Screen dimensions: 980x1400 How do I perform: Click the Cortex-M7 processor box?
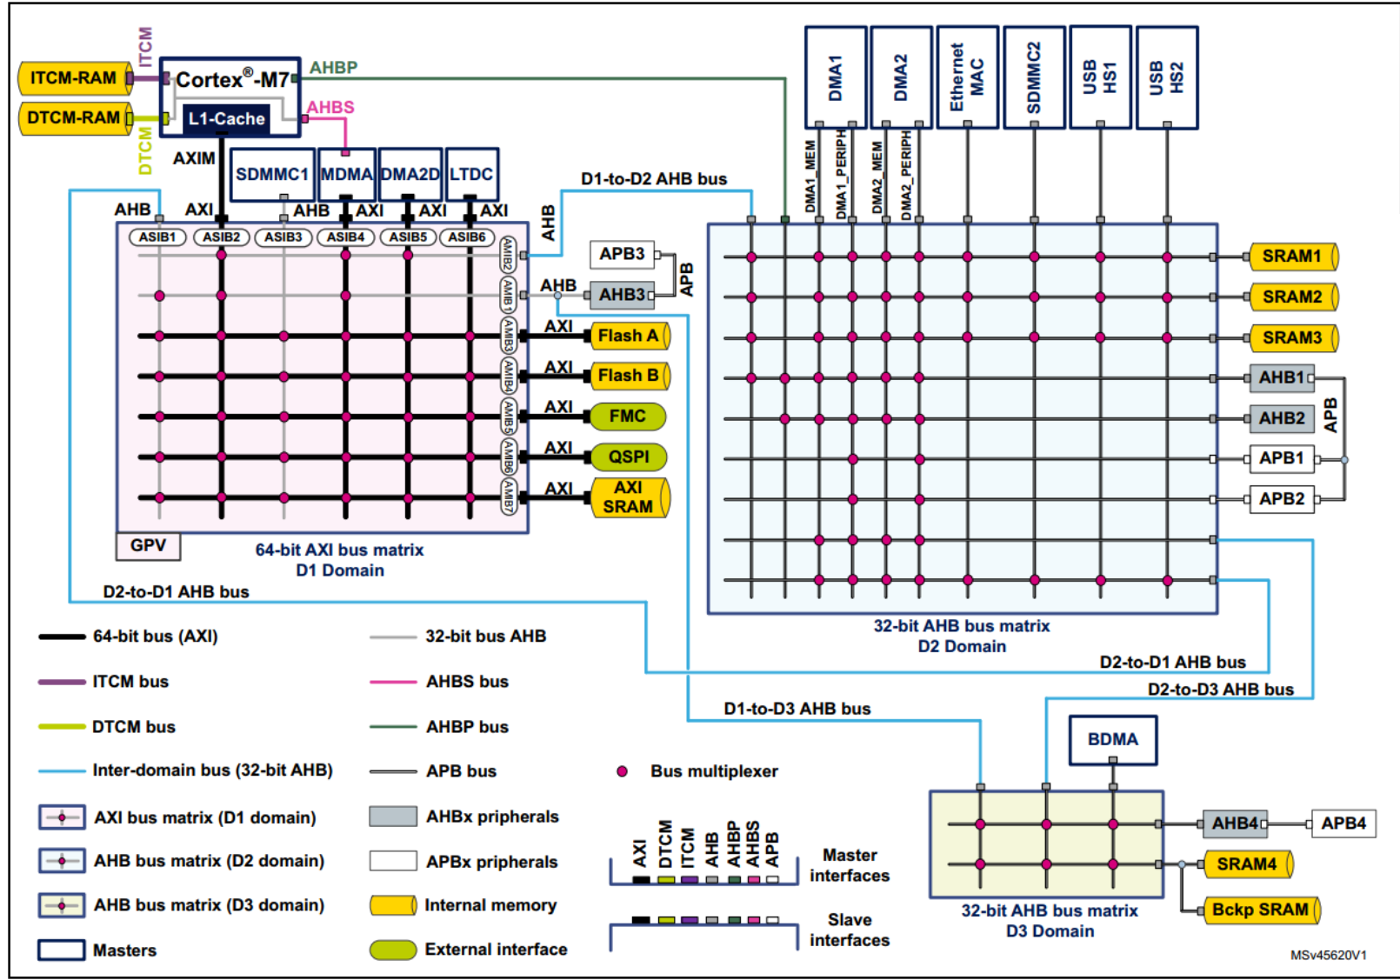coord(231,81)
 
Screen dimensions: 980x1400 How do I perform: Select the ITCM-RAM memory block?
coord(74,78)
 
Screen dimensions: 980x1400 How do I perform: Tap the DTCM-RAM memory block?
coord(74,118)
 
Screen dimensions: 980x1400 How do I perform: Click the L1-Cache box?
coord(226,119)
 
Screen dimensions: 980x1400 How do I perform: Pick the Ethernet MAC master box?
coord(967,77)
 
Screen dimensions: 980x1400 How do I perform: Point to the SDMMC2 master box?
coord(1034,77)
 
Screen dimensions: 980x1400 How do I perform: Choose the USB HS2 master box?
coord(1167,77)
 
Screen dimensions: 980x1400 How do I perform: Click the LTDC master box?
coord(471,175)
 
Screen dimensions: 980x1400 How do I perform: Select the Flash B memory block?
coord(629,376)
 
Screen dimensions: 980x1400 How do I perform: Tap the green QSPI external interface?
coord(628,457)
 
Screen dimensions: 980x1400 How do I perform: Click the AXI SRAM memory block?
coord(629,497)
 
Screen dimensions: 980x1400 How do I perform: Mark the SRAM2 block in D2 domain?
coord(1292,297)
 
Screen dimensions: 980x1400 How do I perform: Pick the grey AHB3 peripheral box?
coord(622,295)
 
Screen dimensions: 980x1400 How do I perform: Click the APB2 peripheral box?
coord(1282,499)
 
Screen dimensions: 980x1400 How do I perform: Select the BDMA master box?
coord(1112,740)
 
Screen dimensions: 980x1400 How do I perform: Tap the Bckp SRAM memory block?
coord(1260,910)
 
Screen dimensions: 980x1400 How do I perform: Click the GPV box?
coord(149,545)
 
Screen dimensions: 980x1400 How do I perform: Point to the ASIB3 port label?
coord(283,237)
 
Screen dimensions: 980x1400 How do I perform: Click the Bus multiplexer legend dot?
coord(622,771)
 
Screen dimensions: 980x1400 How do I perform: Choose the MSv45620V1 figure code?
coord(1328,955)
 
